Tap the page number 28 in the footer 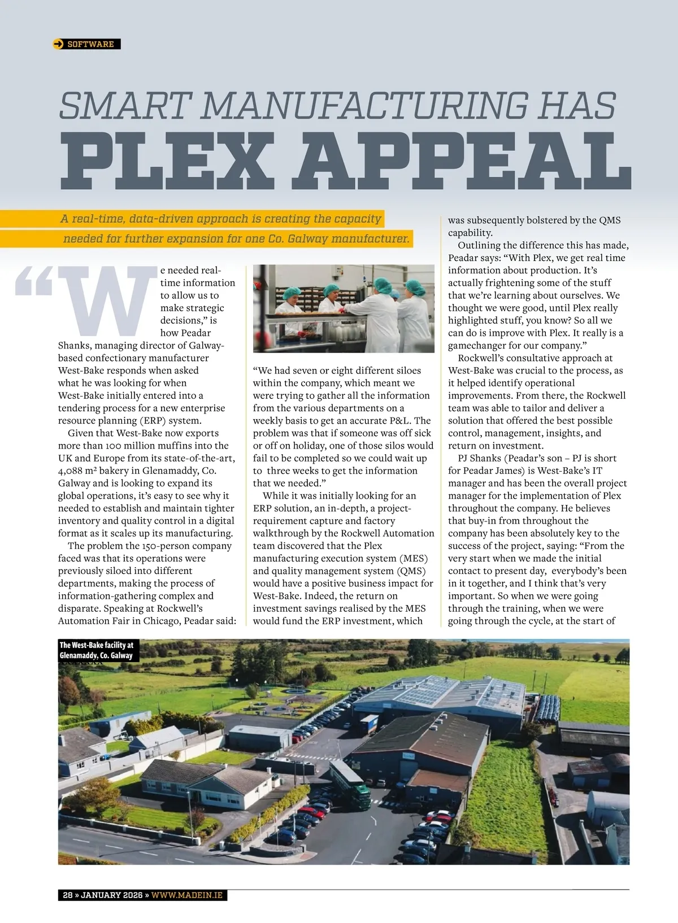click(x=68, y=895)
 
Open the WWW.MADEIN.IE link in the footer click(x=187, y=895)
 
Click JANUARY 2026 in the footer click(x=112, y=895)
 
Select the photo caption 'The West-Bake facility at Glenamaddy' click(x=97, y=650)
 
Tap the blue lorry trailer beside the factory click(x=369, y=724)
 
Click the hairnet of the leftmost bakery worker click(x=292, y=292)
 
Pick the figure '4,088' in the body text click(x=71, y=471)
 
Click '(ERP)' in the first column click(x=123, y=421)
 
